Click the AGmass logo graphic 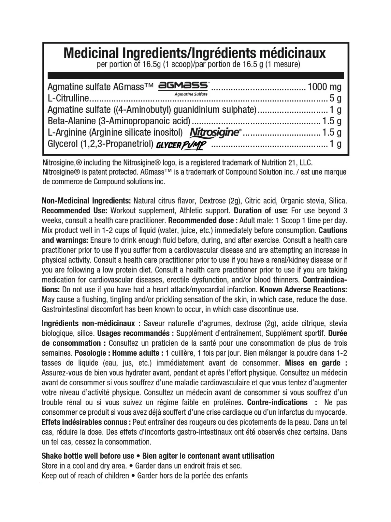[183, 86]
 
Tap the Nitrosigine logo [215, 132]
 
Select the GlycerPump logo [181, 144]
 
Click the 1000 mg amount [325, 87]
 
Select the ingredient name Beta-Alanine [72, 121]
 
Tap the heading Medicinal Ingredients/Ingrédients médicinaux [195, 53]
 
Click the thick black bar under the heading [195, 76]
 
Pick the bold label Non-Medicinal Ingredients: [86, 201]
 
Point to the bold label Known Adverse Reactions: [303, 289]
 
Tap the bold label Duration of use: [261, 210]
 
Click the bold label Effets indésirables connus [86, 422]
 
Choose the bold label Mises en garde [313, 363]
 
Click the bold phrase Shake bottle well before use [88, 456]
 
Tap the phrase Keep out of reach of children [85, 475]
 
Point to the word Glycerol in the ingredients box [63, 144]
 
